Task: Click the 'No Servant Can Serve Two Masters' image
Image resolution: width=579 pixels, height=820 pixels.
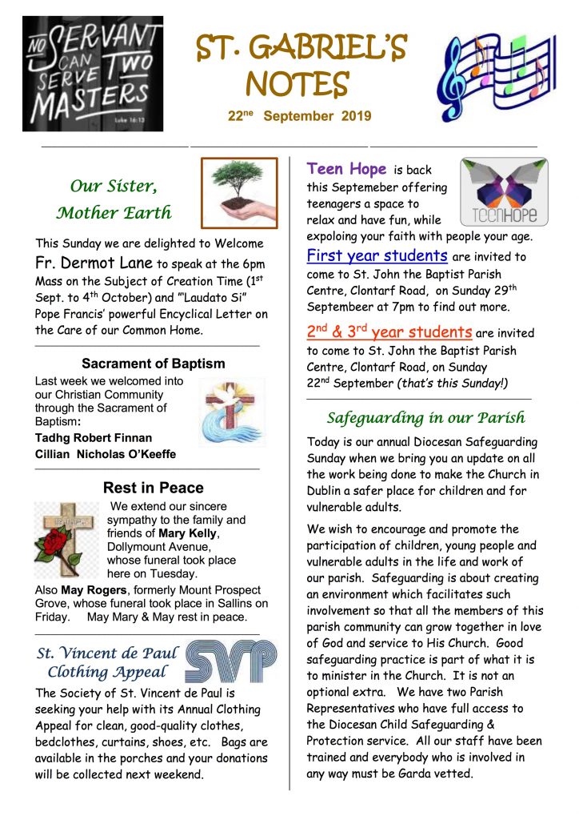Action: [93, 74]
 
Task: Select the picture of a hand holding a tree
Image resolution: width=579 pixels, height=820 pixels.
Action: [238, 193]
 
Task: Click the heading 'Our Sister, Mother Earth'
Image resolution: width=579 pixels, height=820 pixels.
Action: [114, 199]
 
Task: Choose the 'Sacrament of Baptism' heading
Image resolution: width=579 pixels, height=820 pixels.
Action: [153, 364]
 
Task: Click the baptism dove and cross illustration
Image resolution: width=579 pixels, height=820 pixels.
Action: [232, 412]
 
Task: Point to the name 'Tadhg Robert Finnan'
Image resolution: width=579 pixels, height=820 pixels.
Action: [94, 437]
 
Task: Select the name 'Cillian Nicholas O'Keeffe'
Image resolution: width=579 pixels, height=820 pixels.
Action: [105, 454]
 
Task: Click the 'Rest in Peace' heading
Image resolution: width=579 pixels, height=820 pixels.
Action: [153, 488]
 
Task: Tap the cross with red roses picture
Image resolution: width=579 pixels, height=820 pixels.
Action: [68, 540]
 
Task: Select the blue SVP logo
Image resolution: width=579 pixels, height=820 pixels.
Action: [231, 661]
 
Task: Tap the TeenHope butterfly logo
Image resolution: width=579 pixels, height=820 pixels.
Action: [504, 192]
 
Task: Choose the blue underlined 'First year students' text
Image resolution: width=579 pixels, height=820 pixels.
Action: [377, 256]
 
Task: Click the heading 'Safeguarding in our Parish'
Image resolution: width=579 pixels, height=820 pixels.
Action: [425, 417]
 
